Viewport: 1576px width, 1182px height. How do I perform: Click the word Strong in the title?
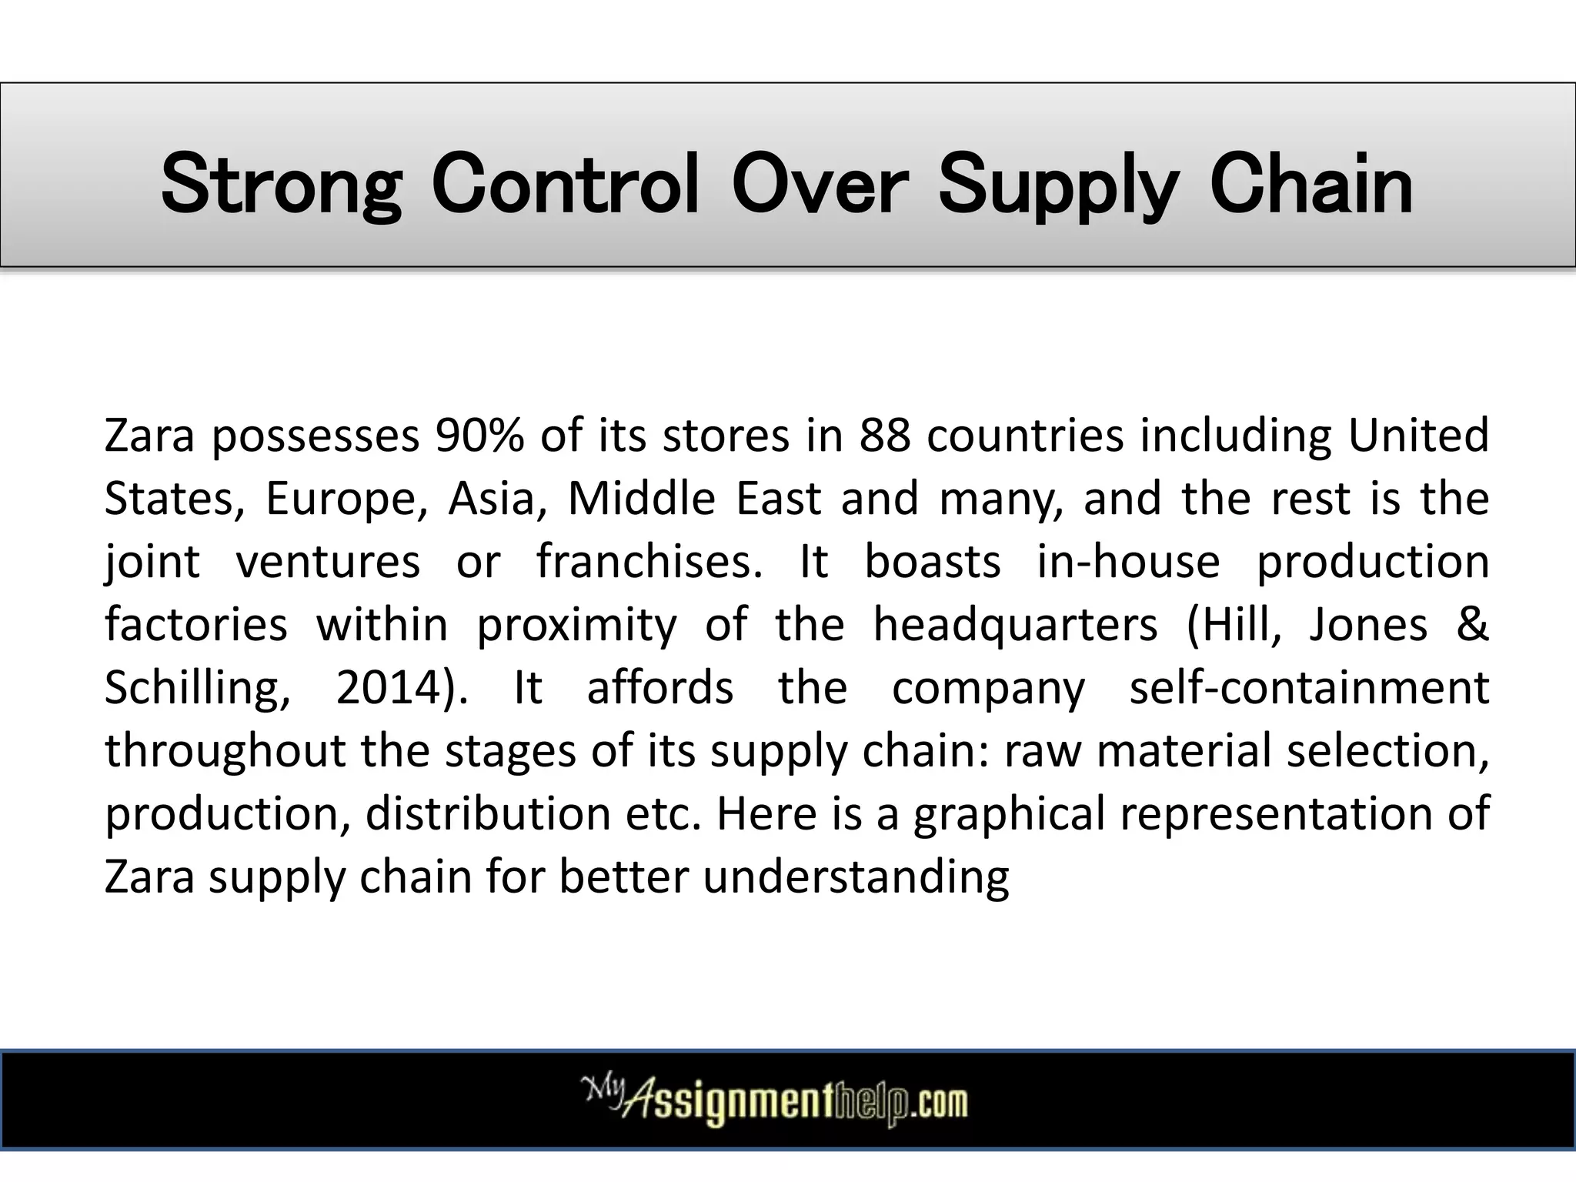tap(281, 185)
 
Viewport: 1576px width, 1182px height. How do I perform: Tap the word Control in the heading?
tap(566, 185)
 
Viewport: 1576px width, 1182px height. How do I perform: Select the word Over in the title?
tap(820, 185)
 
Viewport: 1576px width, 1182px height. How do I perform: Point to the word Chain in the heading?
tap(1311, 185)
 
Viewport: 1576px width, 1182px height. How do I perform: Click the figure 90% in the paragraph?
tap(479, 436)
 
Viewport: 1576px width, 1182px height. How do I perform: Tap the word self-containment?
tap(1309, 687)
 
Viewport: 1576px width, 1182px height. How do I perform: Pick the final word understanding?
tap(856, 877)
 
